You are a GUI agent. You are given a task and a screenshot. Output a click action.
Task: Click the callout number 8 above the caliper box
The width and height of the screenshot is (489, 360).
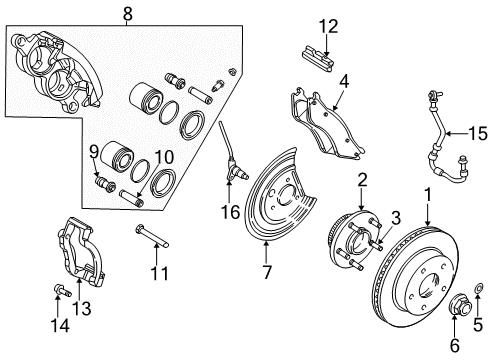pos(128,14)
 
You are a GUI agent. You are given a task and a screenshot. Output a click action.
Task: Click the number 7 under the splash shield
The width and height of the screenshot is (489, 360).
pos(265,273)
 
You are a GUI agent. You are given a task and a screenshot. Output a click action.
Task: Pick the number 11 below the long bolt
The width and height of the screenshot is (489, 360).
pos(154,271)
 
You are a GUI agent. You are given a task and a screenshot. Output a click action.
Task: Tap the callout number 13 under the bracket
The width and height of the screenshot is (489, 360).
pos(83,310)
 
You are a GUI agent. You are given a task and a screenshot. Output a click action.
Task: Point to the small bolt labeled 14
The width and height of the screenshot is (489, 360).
pos(57,294)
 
